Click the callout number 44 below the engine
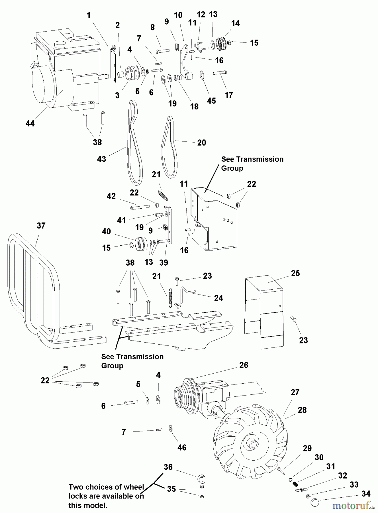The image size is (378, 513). pos(30,123)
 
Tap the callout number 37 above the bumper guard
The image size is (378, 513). pos(41,226)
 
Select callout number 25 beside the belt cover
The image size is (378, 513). pos(295,273)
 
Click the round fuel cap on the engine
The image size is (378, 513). pos(61,44)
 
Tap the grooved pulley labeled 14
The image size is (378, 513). pos(220,43)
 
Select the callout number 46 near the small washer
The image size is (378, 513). pos(182,447)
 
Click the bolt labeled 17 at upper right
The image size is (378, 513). pos(220,73)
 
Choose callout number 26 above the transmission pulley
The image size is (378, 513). pos(244,365)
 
